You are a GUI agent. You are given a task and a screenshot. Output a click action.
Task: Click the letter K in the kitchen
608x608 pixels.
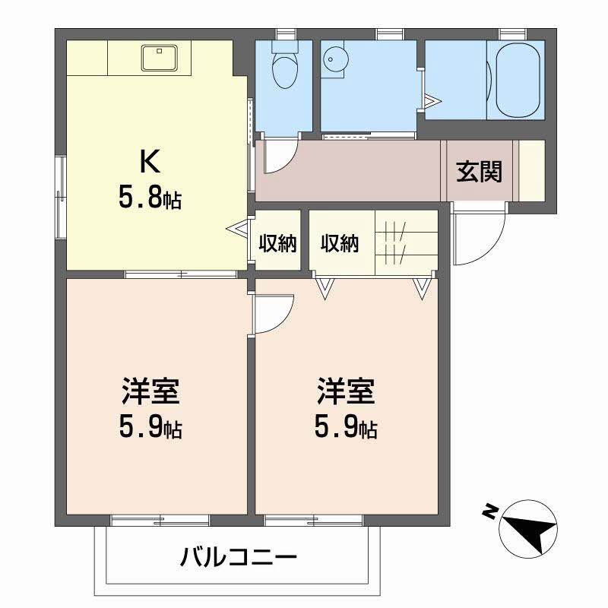point(148,161)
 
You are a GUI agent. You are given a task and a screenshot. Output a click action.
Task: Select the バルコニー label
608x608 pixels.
point(238,559)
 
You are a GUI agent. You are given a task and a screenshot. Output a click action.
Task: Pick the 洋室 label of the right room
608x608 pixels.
point(346,394)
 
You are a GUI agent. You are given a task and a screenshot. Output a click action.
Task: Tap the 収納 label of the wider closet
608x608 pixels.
point(339,243)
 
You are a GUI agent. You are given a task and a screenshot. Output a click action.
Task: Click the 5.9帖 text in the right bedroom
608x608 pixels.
point(346,430)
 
